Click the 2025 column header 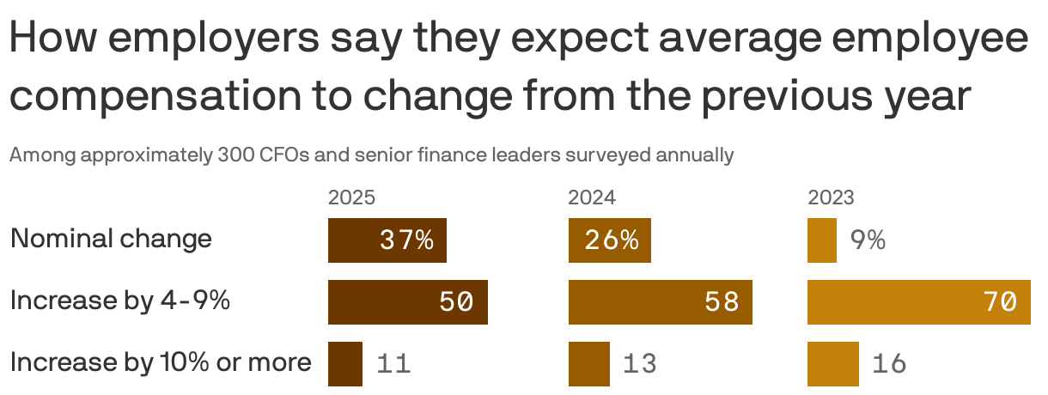pyautogui.click(x=351, y=198)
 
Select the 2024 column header pyautogui.click(x=592, y=198)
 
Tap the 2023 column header pyautogui.click(x=831, y=198)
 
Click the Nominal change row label pyautogui.click(x=111, y=238)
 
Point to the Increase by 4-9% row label pyautogui.click(x=119, y=301)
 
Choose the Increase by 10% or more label pyautogui.click(x=161, y=362)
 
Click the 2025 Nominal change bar pyautogui.click(x=387, y=240)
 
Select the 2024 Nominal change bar pyautogui.click(x=609, y=240)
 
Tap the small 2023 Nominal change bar pyautogui.click(x=821, y=240)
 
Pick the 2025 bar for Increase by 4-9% pyautogui.click(x=407, y=302)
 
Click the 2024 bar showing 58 pyautogui.click(x=660, y=302)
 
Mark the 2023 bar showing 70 pyautogui.click(x=918, y=302)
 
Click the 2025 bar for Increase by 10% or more pyautogui.click(x=345, y=364)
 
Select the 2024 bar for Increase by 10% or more pyautogui.click(x=588, y=364)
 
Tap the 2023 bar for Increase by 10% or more pyautogui.click(x=832, y=364)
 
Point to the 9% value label pyautogui.click(x=868, y=240)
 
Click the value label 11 pyautogui.click(x=393, y=364)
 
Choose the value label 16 pyautogui.click(x=889, y=364)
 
